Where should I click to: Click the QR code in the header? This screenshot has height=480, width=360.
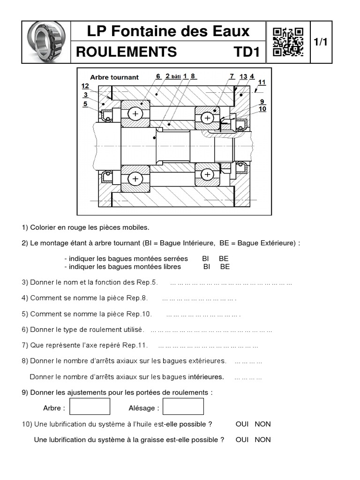point(288,42)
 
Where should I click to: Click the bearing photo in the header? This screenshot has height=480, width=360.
point(45,42)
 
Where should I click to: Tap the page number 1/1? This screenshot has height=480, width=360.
point(321,42)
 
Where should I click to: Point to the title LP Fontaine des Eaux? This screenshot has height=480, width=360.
point(168,32)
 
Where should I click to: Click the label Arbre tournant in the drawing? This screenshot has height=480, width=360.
point(114,77)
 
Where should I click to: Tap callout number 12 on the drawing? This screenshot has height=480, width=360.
point(85,86)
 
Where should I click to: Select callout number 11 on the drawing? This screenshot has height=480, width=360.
point(262,82)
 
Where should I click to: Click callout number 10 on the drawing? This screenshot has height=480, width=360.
point(262,109)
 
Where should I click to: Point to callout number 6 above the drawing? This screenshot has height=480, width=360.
point(158,76)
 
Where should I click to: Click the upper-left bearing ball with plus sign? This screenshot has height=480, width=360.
point(135,114)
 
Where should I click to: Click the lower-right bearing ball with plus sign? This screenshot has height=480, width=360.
point(207,174)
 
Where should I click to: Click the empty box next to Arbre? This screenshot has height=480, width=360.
point(90,406)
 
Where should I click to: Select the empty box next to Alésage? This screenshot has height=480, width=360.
point(183,406)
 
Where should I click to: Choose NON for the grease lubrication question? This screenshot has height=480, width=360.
point(263,440)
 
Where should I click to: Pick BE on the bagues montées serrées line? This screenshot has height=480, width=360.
point(224,259)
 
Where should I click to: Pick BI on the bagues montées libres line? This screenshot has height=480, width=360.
point(207,267)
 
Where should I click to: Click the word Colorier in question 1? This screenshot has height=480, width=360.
point(43,228)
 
